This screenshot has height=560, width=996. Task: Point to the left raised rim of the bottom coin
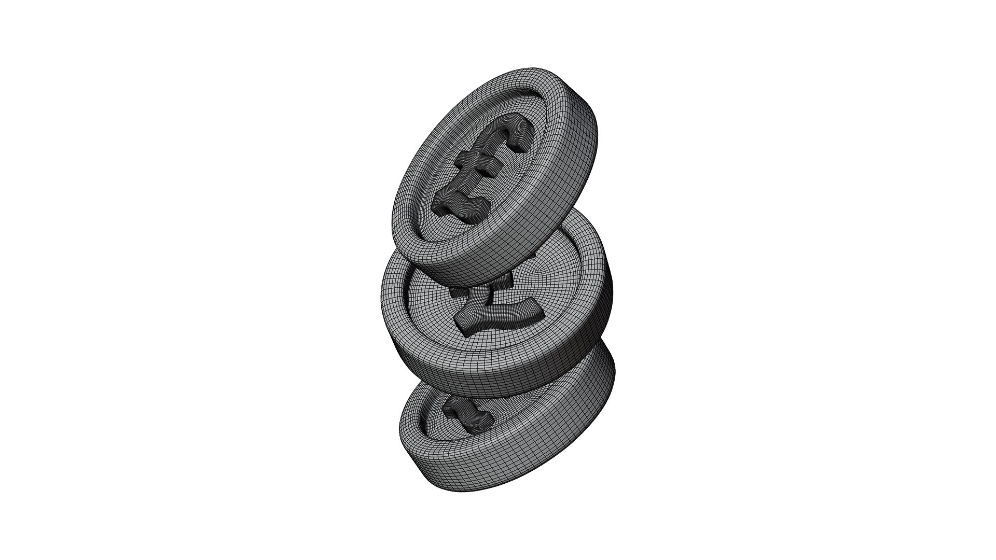412,425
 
